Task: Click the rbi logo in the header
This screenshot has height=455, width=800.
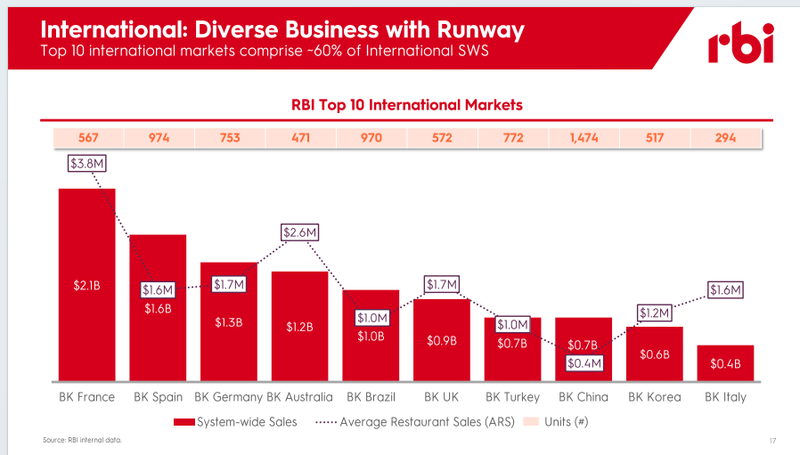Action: point(740,44)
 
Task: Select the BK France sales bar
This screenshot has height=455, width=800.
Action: point(86,285)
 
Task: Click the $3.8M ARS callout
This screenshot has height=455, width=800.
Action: point(87,164)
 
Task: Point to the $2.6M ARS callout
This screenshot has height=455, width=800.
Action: point(300,232)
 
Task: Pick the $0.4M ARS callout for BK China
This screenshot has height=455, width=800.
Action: point(584,362)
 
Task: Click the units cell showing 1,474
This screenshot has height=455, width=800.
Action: point(584,138)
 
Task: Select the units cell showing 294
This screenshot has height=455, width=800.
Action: point(725,138)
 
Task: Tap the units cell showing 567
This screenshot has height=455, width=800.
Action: point(87,138)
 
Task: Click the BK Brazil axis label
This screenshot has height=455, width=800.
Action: point(371,397)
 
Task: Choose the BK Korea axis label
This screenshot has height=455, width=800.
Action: point(654,397)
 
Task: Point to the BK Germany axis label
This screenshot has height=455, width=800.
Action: point(228,397)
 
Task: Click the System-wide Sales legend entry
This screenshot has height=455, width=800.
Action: point(236,421)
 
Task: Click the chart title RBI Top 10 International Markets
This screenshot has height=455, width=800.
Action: point(407,105)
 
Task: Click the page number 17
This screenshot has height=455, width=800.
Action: point(771,441)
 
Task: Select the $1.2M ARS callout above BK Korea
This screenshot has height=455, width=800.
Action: point(654,313)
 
